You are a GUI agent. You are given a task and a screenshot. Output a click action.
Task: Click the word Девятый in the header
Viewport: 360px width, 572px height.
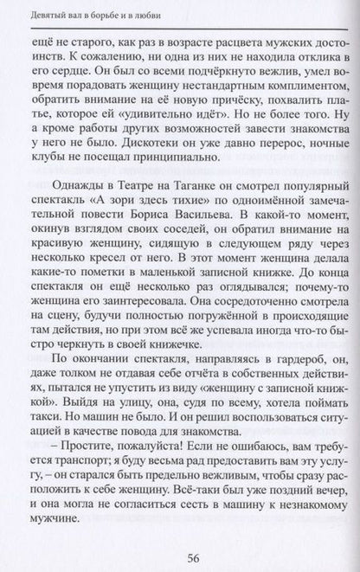(44, 13)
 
